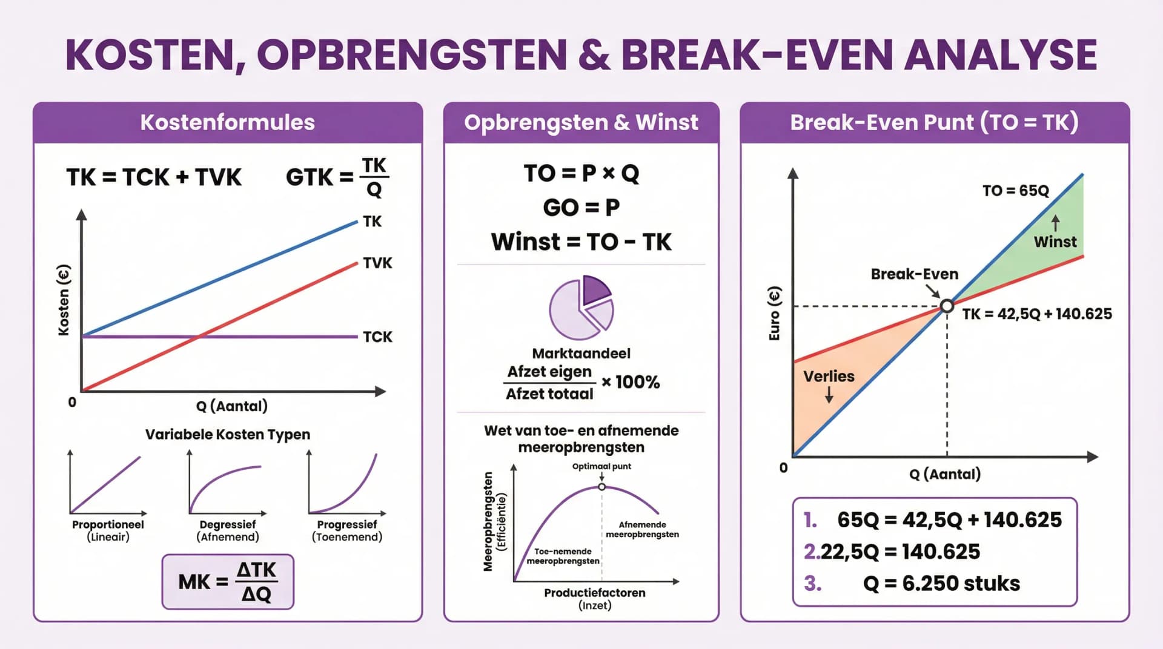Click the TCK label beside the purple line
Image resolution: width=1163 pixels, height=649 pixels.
pos(377,337)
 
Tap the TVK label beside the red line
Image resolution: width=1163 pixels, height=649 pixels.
pos(377,263)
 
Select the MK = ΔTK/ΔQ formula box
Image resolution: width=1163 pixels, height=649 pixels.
pos(228,581)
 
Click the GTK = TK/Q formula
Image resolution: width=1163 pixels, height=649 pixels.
pos(337,177)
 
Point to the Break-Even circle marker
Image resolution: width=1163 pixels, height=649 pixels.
pos(947,306)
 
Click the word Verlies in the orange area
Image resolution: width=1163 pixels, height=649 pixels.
pos(828,376)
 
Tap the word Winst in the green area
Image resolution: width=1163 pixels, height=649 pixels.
pos(1055,242)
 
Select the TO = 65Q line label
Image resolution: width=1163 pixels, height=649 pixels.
pos(1015,191)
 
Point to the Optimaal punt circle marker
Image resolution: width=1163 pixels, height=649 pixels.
pos(601,487)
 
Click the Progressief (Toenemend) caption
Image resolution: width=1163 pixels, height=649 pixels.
pos(346,530)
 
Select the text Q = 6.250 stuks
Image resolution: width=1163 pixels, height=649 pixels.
pos(941,583)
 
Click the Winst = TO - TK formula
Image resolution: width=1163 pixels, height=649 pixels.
pos(581,242)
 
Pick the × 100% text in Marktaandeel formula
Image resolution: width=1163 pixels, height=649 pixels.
pos(631,382)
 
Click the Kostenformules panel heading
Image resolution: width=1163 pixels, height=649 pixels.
pos(228,122)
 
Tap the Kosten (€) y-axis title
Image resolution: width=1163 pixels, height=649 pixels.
pos(64,300)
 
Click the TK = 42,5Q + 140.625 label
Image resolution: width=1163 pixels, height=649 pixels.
pos(1036,314)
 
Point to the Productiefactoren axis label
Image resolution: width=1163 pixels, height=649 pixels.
pos(594,593)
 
